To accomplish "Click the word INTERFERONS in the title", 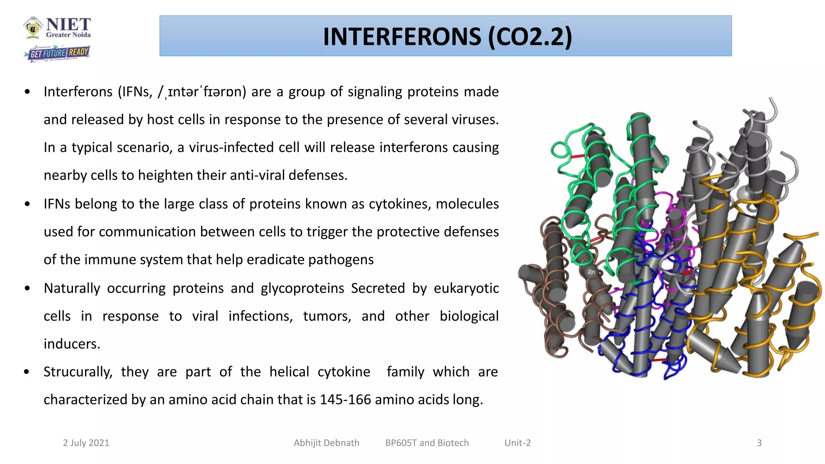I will coord(402,37).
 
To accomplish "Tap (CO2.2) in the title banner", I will coord(530,37).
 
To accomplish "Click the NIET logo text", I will coord(68,25).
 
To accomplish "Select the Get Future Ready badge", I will coord(57,53).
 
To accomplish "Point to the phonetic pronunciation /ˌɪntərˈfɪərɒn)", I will coord(202,92).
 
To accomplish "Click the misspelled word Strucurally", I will coord(78,372).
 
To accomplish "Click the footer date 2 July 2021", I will coord(86,443).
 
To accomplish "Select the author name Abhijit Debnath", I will coord(326,443).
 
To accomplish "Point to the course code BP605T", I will coord(401,443).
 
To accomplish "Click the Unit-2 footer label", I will coord(518,443).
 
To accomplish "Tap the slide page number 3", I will coord(759,443).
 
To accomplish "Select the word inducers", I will coord(72,344).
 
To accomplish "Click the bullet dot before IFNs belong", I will coord(27,204).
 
